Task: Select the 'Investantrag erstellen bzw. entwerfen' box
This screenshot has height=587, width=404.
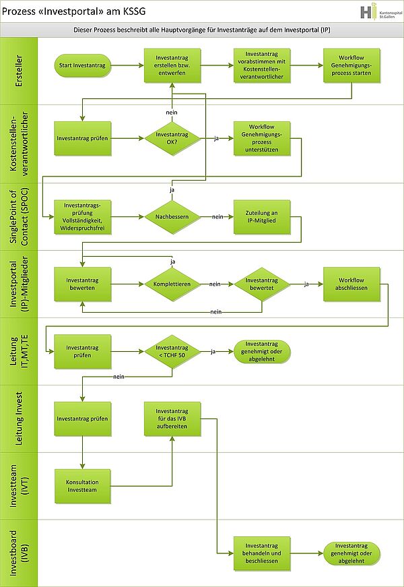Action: (172, 66)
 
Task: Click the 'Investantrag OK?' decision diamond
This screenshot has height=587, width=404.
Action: (172, 139)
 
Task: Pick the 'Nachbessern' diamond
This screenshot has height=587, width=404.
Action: (172, 216)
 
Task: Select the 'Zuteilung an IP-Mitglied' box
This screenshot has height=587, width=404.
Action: (261, 216)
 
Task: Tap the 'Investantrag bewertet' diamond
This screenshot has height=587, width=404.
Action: (261, 285)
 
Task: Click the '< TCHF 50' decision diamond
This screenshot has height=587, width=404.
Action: (172, 352)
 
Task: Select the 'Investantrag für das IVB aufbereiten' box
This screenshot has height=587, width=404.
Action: (172, 419)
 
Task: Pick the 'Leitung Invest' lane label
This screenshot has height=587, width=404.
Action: (18, 419)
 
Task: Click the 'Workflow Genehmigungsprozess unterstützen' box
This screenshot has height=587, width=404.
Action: (261, 139)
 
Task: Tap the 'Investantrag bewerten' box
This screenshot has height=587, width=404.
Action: (82, 285)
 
